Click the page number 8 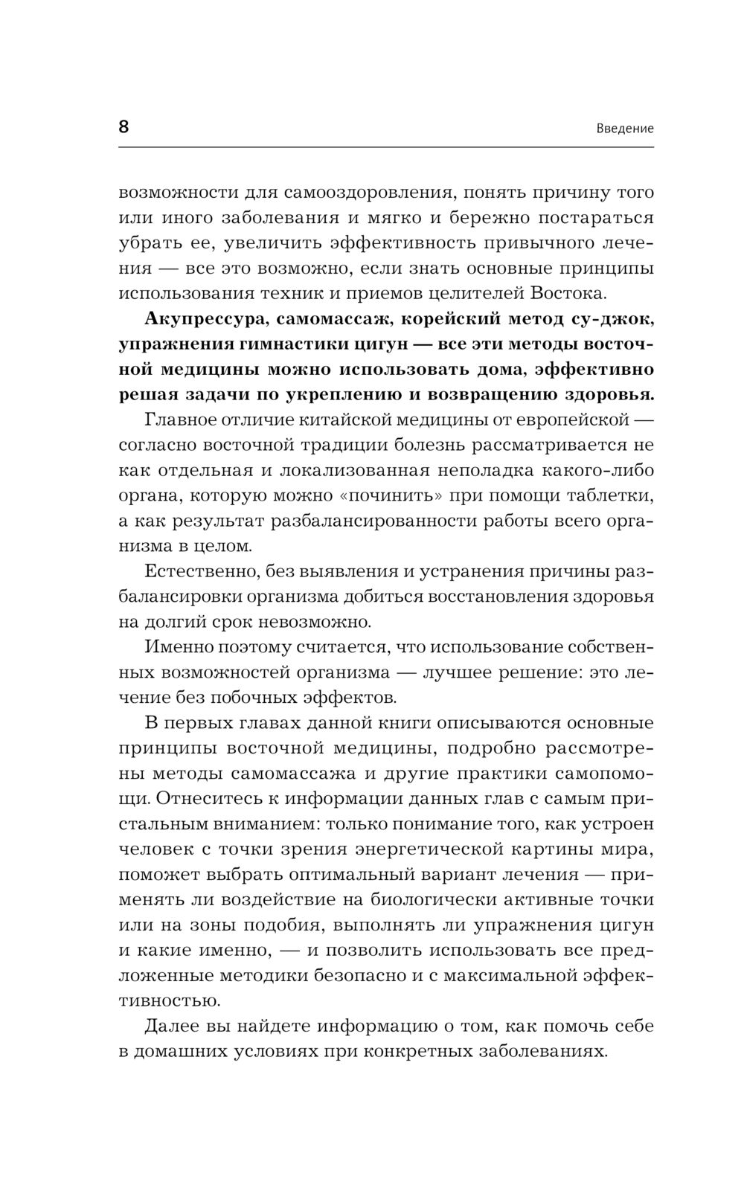(124, 126)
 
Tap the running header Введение (625, 128)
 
